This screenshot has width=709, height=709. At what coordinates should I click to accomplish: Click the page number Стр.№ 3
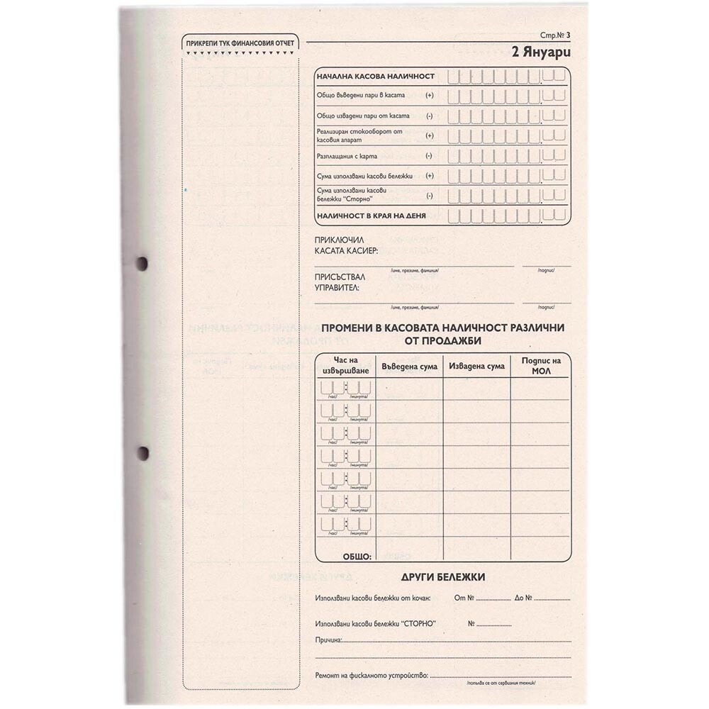(x=555, y=35)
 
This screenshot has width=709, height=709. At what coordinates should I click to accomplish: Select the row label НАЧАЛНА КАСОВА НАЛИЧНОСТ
(x=376, y=76)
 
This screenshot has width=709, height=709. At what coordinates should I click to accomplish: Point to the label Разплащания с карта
(x=347, y=155)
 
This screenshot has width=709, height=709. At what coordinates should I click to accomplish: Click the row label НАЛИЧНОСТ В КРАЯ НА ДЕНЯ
(x=372, y=216)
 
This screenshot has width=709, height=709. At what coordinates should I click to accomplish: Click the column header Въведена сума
(x=408, y=366)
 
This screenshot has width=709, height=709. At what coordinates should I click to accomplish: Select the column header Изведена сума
(x=476, y=366)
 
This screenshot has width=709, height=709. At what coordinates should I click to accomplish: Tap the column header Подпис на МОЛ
(x=541, y=366)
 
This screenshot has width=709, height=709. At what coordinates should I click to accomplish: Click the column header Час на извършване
(x=345, y=366)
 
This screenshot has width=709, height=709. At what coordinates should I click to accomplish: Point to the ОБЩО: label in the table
(x=357, y=557)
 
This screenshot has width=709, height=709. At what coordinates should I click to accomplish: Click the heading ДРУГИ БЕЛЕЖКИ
(x=442, y=577)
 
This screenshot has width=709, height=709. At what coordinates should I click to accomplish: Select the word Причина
(x=328, y=640)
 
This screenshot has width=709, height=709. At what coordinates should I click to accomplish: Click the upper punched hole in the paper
(x=143, y=264)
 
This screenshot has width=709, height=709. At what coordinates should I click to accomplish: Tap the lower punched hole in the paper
(x=143, y=452)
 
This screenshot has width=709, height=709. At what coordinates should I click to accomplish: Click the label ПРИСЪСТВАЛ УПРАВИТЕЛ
(x=337, y=283)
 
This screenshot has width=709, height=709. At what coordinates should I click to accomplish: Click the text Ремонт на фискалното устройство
(x=372, y=676)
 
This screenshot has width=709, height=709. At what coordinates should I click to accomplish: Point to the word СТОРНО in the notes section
(x=418, y=624)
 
